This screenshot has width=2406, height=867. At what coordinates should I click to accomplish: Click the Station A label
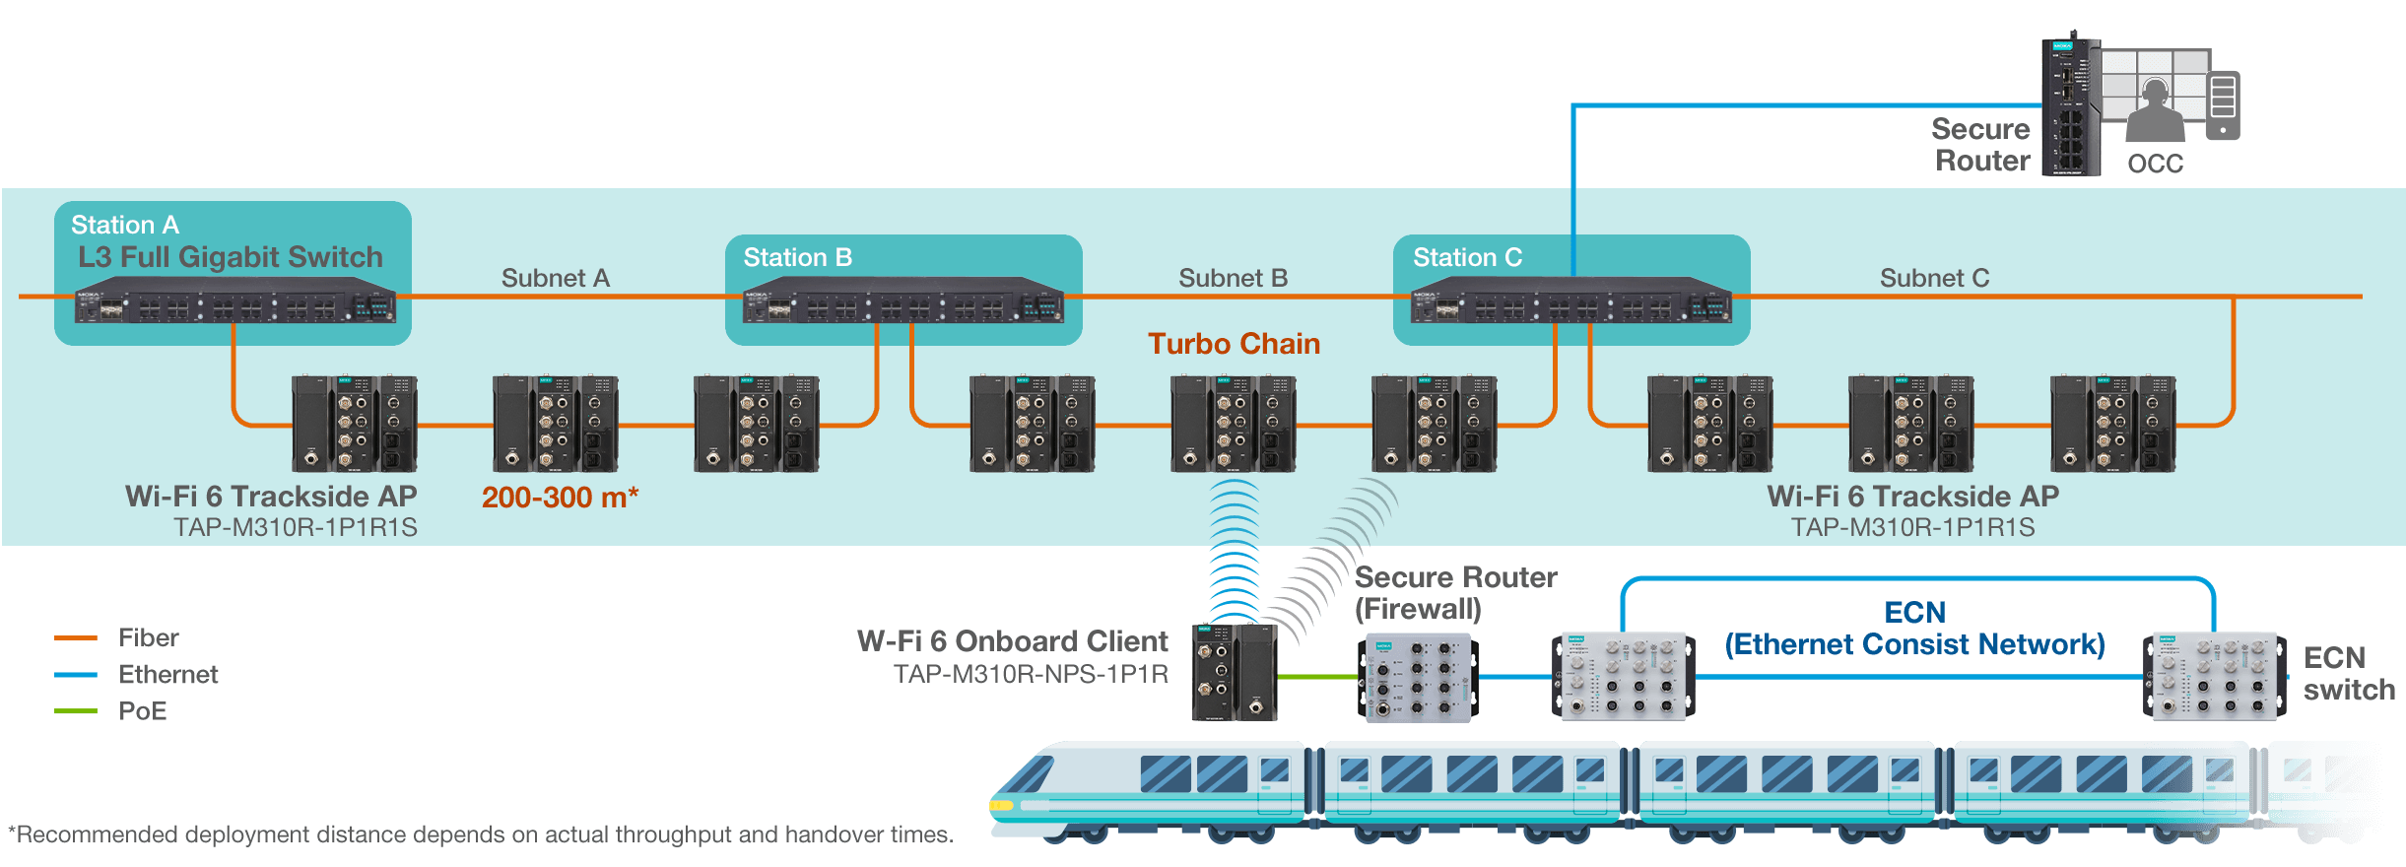125,225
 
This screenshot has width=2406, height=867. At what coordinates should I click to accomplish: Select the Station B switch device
902,300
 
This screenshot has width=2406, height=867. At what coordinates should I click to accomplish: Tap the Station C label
1467,257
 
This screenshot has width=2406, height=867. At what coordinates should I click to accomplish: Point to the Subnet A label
556,278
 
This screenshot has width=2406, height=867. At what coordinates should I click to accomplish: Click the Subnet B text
1233,278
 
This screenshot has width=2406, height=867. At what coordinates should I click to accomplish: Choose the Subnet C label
1934,278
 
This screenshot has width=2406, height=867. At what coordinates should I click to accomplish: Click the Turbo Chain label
1234,344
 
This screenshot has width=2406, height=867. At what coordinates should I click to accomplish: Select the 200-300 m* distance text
560,498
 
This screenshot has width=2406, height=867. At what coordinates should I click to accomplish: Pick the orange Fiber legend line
76,638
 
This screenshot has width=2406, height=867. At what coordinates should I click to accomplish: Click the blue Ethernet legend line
76,675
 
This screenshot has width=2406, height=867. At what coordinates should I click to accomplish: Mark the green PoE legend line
76,711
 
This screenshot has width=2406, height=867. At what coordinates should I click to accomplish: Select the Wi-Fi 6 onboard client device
1235,672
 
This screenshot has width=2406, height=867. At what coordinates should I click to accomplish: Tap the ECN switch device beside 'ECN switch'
2214,677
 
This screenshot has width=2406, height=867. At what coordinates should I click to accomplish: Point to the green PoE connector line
1318,677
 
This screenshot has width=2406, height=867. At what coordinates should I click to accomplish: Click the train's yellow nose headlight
1001,806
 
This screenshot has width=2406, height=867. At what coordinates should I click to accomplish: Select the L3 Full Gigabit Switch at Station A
235,300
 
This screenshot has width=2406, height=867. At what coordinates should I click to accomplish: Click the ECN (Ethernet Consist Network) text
1914,629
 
